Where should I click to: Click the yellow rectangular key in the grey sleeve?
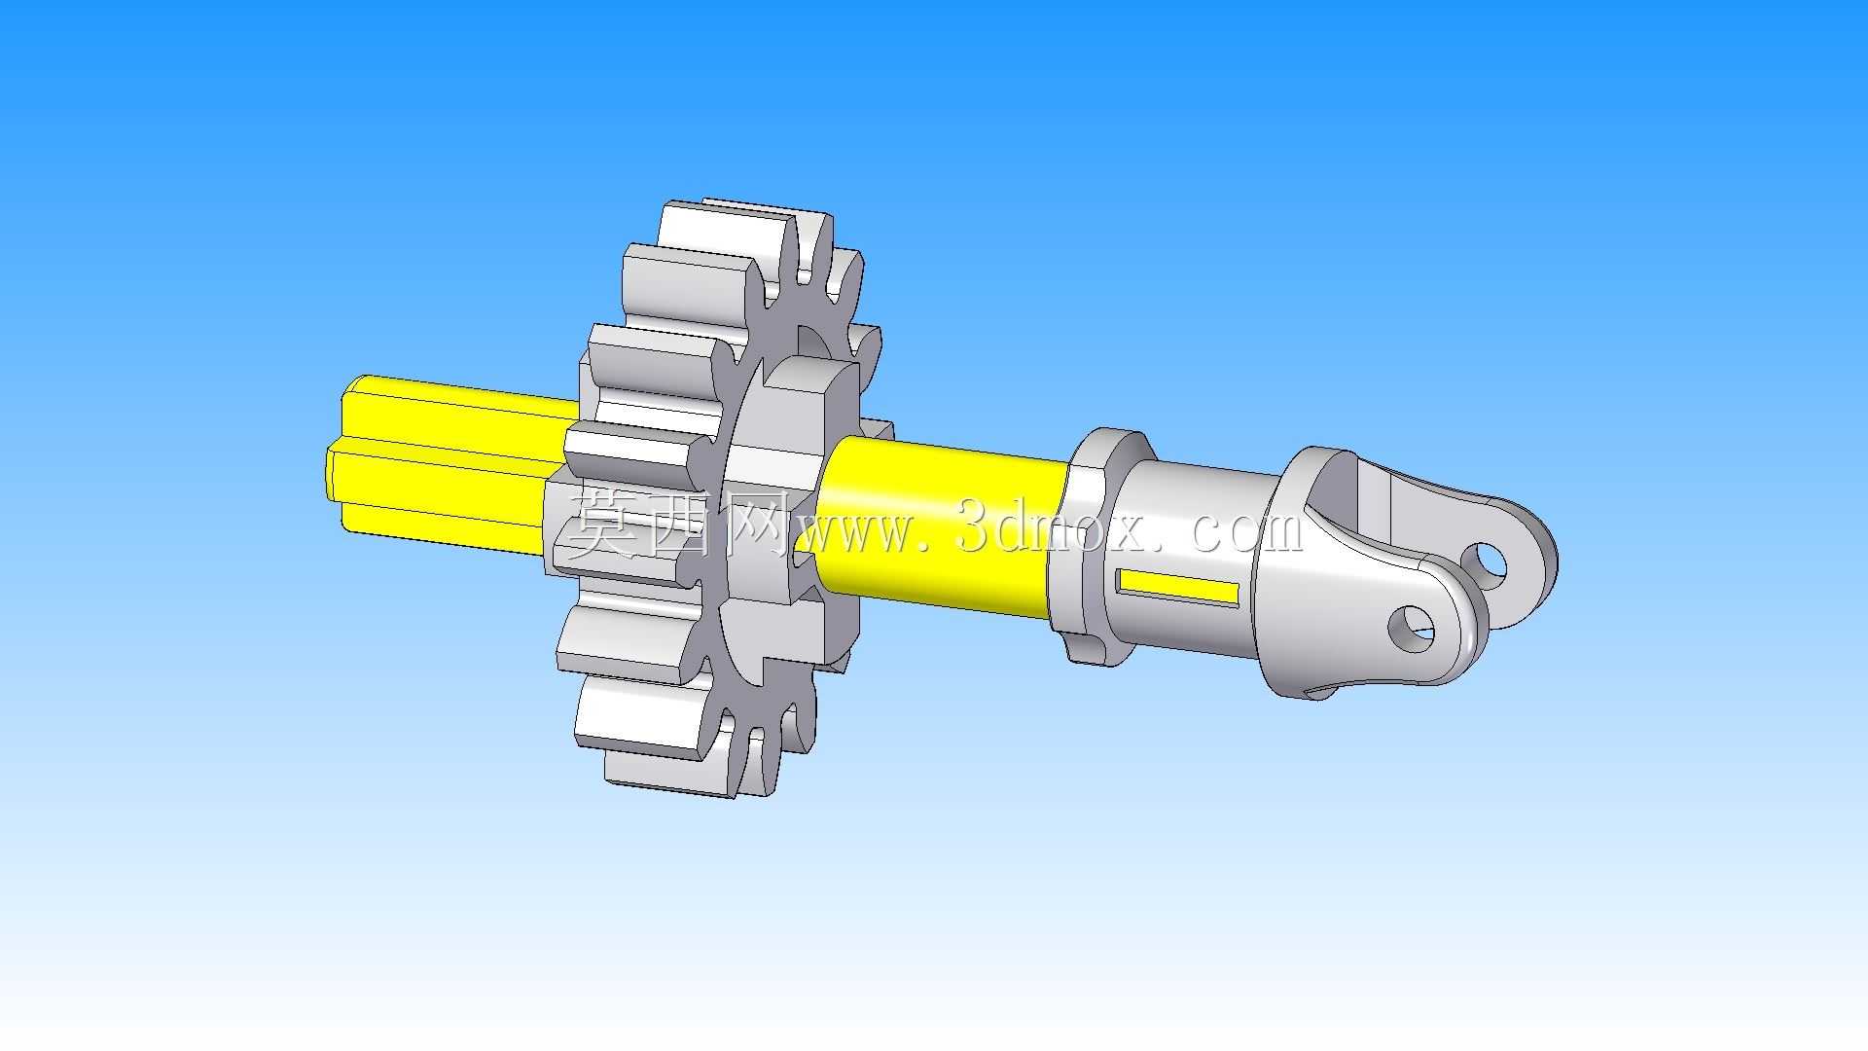click(x=1178, y=586)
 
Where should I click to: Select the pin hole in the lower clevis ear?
click(x=1411, y=629)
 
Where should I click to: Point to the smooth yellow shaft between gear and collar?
click(x=939, y=526)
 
